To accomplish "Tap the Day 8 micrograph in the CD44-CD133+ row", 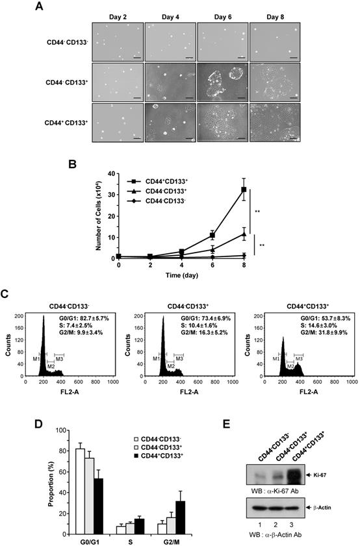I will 274,82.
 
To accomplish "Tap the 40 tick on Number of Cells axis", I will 112,174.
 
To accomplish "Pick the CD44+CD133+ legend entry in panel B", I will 163,182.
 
